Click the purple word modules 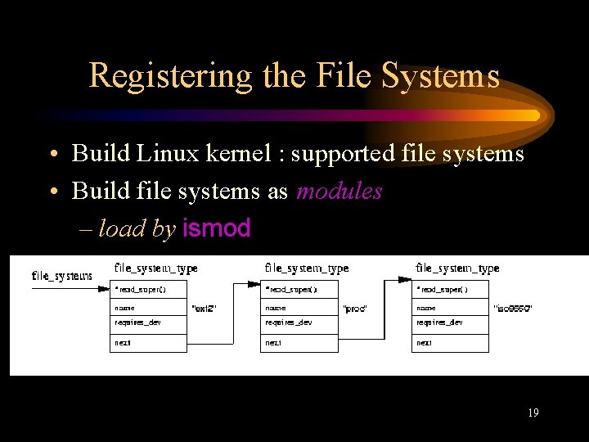(339, 191)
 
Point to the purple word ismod (217, 228)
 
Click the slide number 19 (533, 413)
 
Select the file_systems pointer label (61, 276)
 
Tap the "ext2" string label (203, 309)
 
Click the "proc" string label (354, 309)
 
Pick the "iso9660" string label (513, 309)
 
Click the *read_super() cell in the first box (148, 289)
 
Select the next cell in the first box (148, 343)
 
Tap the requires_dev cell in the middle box (299, 323)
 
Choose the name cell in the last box (450, 309)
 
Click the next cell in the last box (450, 343)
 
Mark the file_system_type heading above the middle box (307, 268)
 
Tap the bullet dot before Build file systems (52, 192)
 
